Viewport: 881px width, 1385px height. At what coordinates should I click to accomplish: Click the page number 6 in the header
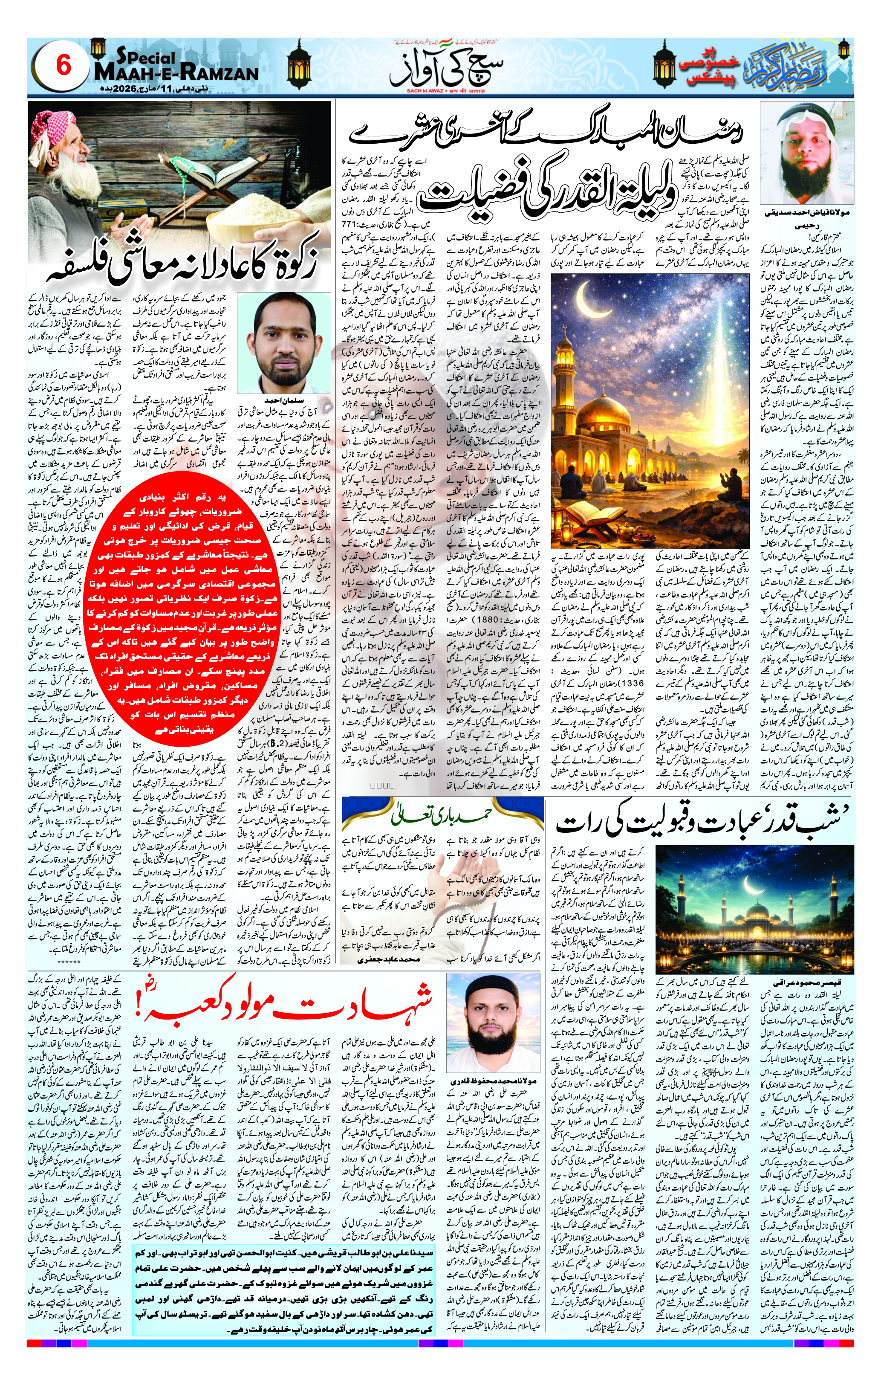(63, 67)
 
